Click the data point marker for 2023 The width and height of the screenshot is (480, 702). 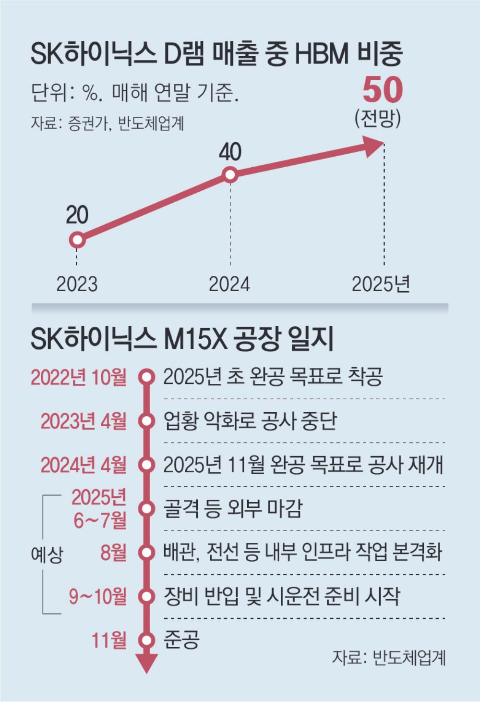pos(77,239)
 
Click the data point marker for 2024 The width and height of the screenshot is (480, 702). pos(230,174)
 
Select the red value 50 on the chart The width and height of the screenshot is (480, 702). pos(382,90)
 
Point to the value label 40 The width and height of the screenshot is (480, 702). pos(230,152)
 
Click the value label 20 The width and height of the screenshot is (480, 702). pos(77,215)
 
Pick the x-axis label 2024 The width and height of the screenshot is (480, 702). pos(229,284)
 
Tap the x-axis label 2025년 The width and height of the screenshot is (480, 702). pos(381,284)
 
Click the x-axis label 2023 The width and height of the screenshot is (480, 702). pos(77,284)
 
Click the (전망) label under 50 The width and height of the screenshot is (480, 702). pos(378,118)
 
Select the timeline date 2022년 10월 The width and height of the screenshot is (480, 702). pos(79,377)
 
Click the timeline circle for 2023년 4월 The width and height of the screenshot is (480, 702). pos(146,421)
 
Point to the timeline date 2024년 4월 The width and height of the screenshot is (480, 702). pos(84,465)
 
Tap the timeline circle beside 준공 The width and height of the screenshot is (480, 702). pos(146,640)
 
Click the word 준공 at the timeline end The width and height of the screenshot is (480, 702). pos(181,640)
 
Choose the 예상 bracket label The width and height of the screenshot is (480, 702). pos(47,554)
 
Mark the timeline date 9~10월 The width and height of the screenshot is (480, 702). pos(97,596)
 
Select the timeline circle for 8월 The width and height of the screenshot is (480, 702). pos(146,553)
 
